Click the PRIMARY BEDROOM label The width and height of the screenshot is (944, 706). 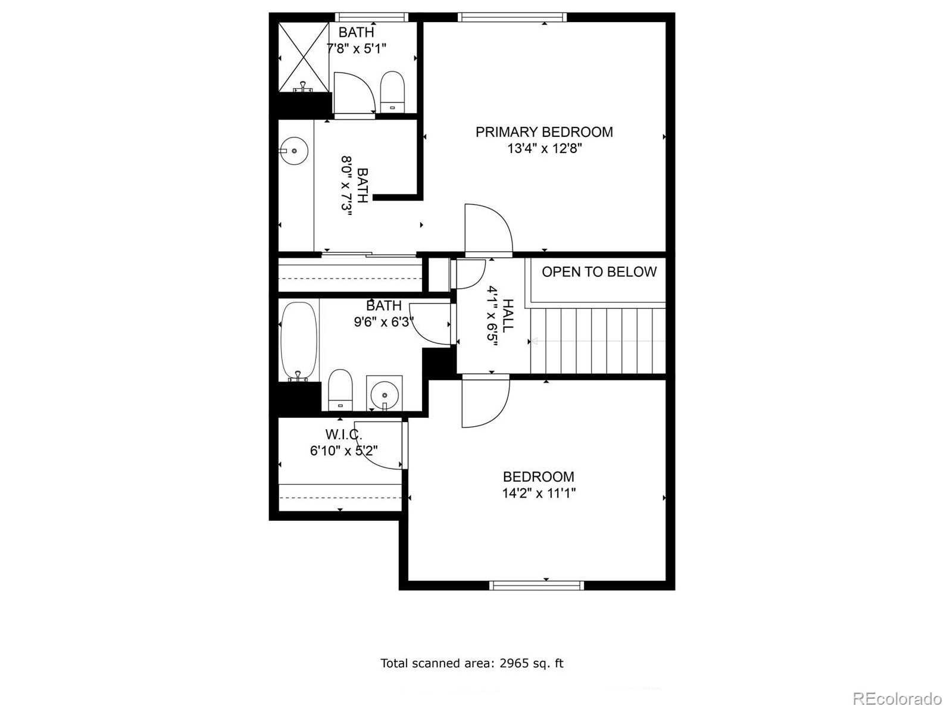[x=544, y=132]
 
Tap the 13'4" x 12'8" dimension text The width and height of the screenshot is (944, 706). [x=545, y=148]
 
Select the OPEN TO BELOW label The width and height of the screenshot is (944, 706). [x=599, y=271]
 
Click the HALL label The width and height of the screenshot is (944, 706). [x=508, y=315]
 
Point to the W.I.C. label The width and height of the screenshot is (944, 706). [x=343, y=435]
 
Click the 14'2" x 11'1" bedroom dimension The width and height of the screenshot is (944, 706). [x=539, y=493]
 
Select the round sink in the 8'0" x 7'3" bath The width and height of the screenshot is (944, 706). [x=294, y=151]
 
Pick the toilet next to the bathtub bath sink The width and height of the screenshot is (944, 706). [x=340, y=389]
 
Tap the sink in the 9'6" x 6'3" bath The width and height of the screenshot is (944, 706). [x=384, y=394]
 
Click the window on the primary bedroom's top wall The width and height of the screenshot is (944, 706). [x=511, y=17]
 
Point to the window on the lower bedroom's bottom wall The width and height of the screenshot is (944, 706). [x=537, y=585]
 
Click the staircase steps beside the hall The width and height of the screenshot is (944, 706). [x=598, y=341]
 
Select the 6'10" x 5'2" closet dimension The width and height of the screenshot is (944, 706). [x=343, y=451]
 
